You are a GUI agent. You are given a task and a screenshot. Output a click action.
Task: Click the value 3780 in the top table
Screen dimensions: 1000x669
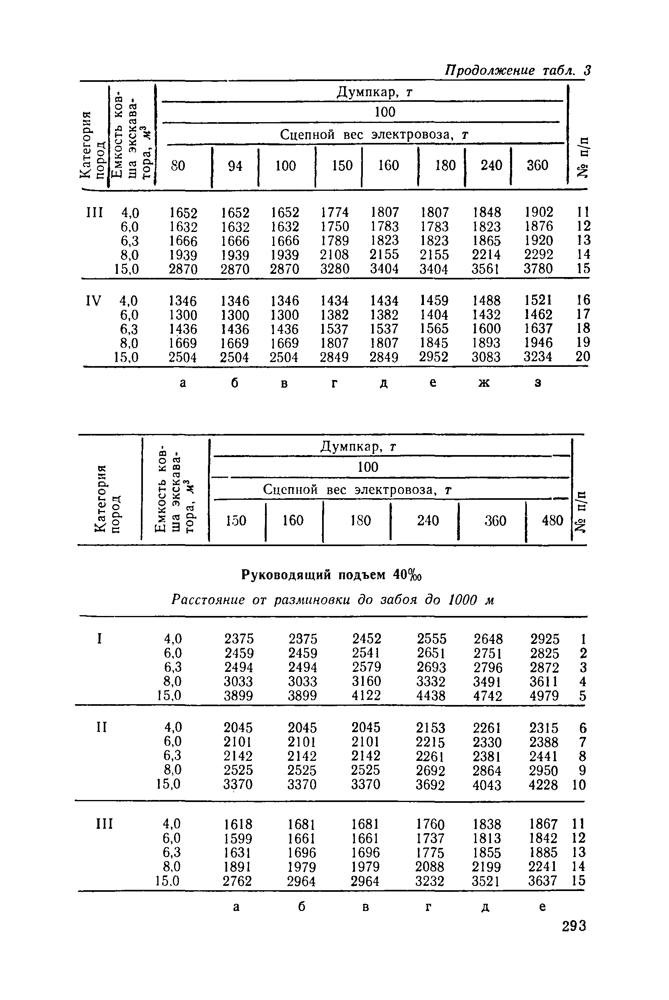pyautogui.click(x=538, y=269)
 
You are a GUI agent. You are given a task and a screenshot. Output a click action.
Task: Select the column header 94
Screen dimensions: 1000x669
pyautogui.click(x=235, y=166)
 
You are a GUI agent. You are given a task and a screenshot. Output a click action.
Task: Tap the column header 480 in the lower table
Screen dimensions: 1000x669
pyautogui.click(x=552, y=521)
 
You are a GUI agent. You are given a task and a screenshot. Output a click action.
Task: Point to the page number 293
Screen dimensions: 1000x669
pyautogui.click(x=574, y=926)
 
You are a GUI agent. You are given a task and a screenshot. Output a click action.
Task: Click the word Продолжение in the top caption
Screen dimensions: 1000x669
pyautogui.click(x=489, y=70)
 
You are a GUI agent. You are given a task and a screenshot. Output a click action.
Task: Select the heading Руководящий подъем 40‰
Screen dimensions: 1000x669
pyautogui.click(x=331, y=576)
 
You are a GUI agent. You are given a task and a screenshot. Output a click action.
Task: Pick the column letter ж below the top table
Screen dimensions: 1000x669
pyautogui.click(x=484, y=383)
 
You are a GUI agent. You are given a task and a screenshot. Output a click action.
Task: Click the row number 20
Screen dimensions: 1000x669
pyautogui.click(x=582, y=356)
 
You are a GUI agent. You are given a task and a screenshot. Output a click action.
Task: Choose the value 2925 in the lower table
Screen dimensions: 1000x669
pyautogui.click(x=544, y=639)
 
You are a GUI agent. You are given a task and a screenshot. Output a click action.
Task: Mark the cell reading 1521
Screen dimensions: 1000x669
pyautogui.click(x=538, y=300)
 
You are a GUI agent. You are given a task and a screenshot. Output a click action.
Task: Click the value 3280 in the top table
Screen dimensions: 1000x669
pyautogui.click(x=334, y=269)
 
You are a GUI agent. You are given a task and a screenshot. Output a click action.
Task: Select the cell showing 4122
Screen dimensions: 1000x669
pyautogui.click(x=366, y=696)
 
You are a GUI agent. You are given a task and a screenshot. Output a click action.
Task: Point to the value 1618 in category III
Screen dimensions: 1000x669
pyautogui.click(x=238, y=824)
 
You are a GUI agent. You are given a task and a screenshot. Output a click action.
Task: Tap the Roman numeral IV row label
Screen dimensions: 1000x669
pyautogui.click(x=94, y=301)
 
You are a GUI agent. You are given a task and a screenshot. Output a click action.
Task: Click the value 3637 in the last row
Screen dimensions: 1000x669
pyautogui.click(x=543, y=881)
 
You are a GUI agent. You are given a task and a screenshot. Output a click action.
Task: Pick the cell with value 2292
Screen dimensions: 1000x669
pyautogui.click(x=538, y=255)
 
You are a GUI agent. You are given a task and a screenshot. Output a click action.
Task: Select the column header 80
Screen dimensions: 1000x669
pyautogui.click(x=178, y=166)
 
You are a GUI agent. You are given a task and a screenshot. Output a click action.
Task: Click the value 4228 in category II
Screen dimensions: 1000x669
pyautogui.click(x=543, y=784)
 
